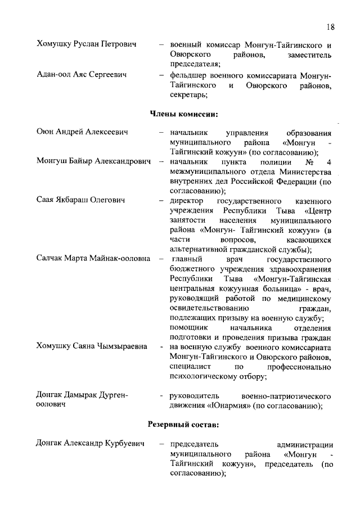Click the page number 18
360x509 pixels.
click(x=330, y=27)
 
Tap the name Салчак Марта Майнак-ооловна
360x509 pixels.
click(x=93, y=259)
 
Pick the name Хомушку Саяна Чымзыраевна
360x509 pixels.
click(x=92, y=346)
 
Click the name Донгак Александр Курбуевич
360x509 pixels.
click(x=91, y=444)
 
